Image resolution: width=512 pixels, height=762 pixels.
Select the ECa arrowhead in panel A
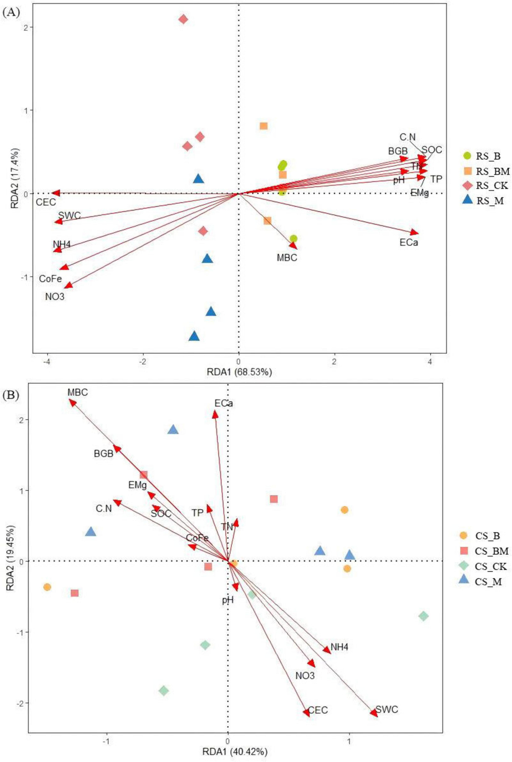coord(415,232)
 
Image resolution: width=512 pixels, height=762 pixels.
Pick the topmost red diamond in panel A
coord(183,19)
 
